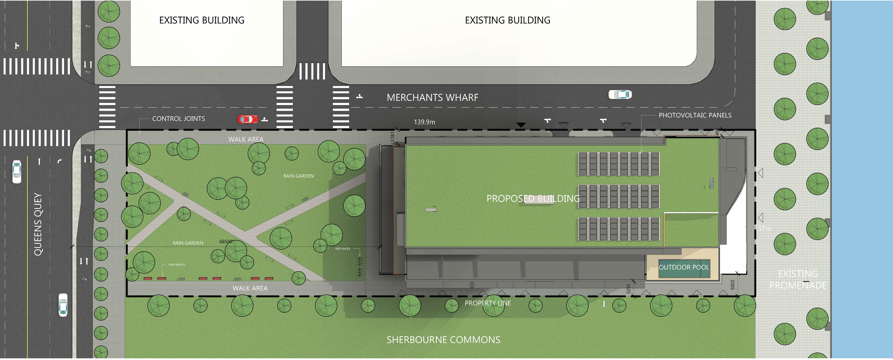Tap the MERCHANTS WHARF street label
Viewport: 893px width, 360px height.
pyautogui.click(x=432, y=97)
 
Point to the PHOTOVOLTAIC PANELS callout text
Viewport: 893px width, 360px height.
pyautogui.click(x=695, y=115)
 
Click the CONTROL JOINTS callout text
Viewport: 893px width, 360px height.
pyautogui.click(x=178, y=119)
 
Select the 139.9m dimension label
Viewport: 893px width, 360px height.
pyautogui.click(x=424, y=122)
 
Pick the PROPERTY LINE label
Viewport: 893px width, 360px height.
pyautogui.click(x=487, y=303)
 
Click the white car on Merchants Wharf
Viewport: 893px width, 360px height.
pyautogui.click(x=620, y=94)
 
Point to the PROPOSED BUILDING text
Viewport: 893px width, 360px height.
pyautogui.click(x=533, y=199)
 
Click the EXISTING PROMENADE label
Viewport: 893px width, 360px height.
pyautogui.click(x=798, y=280)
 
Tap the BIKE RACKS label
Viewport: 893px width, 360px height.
pyautogui.click(x=343, y=249)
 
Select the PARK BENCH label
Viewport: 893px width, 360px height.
pyautogui.click(x=177, y=265)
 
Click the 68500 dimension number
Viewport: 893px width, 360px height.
pyautogui.click(x=226, y=241)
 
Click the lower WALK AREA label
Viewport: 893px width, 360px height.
pyautogui.click(x=250, y=288)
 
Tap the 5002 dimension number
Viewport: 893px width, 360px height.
pyautogui.click(x=733, y=285)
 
